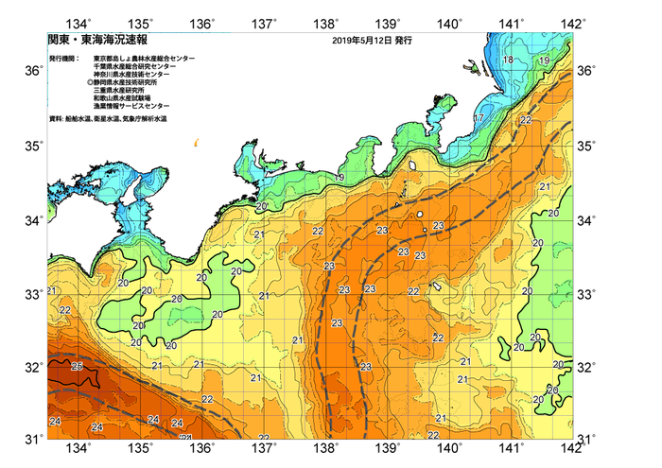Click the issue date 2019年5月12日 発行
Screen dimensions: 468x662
pyautogui.click(x=372, y=42)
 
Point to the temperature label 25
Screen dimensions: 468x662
pyautogui.click(x=78, y=366)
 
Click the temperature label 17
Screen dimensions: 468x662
pyautogui.click(x=479, y=118)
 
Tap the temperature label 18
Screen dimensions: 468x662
pyautogui.click(x=510, y=61)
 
